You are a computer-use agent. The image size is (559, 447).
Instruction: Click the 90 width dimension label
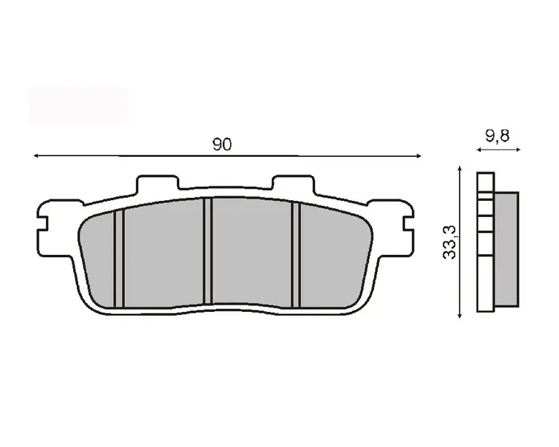[221, 145]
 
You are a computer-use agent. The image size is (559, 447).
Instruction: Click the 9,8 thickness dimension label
[498, 136]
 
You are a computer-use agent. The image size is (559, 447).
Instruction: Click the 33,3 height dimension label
[449, 242]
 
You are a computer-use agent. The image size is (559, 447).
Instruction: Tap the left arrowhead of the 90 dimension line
[36, 156]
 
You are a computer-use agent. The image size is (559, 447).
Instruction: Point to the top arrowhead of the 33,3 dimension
[460, 169]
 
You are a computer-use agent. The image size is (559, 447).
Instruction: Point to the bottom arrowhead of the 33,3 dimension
[460, 315]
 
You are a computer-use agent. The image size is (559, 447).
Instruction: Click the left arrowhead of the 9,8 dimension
[479, 150]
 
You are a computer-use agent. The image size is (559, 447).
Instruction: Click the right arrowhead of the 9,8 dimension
[517, 150]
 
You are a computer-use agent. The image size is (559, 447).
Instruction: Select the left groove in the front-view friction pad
[118, 259]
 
